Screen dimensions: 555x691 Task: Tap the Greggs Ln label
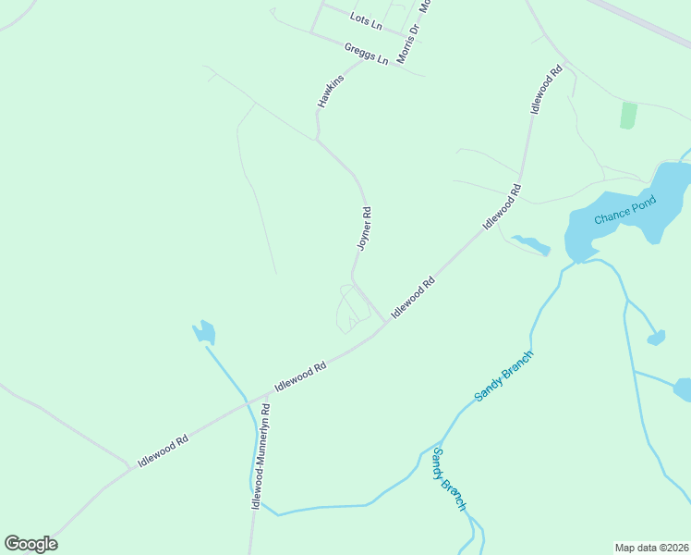pyautogui.click(x=367, y=54)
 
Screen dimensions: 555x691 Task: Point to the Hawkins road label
pyautogui.click(x=331, y=91)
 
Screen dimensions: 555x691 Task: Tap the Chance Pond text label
pyautogui.click(x=624, y=210)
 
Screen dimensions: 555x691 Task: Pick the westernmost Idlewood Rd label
pyautogui.click(x=163, y=450)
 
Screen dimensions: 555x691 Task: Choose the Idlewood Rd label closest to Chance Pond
pyautogui.click(x=502, y=207)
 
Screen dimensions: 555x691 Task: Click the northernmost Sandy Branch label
pyautogui.click(x=504, y=376)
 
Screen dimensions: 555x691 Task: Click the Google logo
pyautogui.click(x=30, y=544)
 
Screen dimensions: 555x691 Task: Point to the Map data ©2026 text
pyautogui.click(x=652, y=547)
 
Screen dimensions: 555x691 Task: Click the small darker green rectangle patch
pyautogui.click(x=628, y=116)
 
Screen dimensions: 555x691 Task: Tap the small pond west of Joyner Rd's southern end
pyautogui.click(x=204, y=332)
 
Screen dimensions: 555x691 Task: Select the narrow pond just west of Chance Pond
pyautogui.click(x=531, y=244)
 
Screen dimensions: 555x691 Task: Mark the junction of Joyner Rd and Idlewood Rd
pyautogui.click(x=385, y=323)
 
